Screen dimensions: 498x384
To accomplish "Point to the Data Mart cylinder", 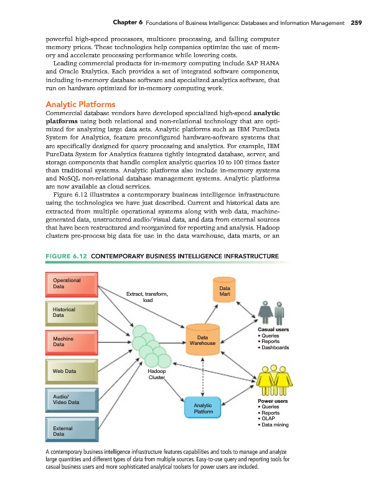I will click(x=225, y=291).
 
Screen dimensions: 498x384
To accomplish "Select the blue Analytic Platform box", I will click(x=204, y=407).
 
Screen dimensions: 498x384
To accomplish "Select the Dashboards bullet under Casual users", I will click(x=274, y=348).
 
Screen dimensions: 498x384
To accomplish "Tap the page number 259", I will click(x=356, y=23).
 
